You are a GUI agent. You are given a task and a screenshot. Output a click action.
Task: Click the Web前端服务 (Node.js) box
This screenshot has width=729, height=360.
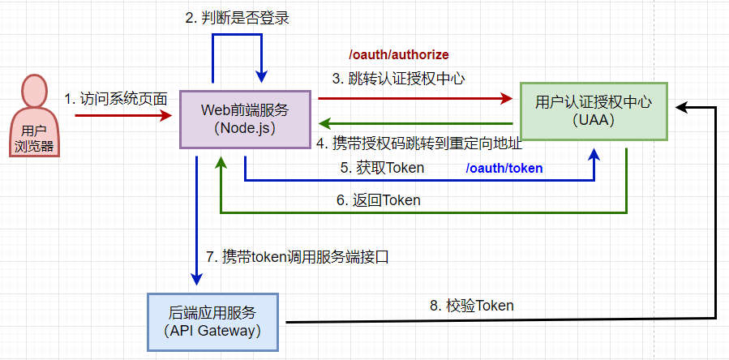click(244, 118)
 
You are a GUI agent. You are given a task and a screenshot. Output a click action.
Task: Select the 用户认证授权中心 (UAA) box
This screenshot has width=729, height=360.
click(593, 111)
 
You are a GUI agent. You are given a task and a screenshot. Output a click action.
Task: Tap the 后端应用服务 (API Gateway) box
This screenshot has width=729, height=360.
click(212, 321)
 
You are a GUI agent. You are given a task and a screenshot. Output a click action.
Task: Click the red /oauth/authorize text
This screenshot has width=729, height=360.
click(398, 54)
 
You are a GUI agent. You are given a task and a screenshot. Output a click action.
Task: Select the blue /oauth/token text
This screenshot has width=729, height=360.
click(504, 169)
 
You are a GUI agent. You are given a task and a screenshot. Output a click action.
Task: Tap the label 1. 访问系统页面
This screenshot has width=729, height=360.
click(116, 99)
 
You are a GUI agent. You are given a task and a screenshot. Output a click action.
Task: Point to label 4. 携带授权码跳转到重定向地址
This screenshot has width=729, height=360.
click(418, 144)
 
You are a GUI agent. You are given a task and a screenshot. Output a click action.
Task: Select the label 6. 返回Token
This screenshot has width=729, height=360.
click(378, 200)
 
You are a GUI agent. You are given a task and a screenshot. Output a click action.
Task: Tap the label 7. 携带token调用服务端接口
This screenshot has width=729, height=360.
click(298, 257)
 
